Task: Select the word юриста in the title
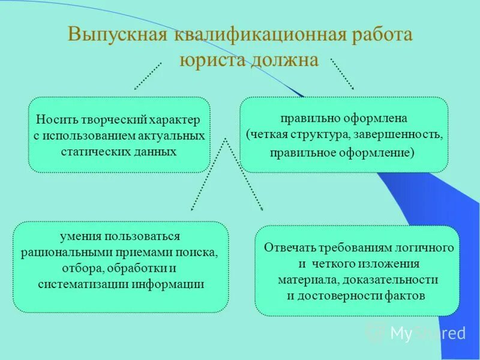[x=211, y=60]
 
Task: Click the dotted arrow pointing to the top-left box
[x=148, y=75]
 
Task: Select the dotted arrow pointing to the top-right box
[x=343, y=74]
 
